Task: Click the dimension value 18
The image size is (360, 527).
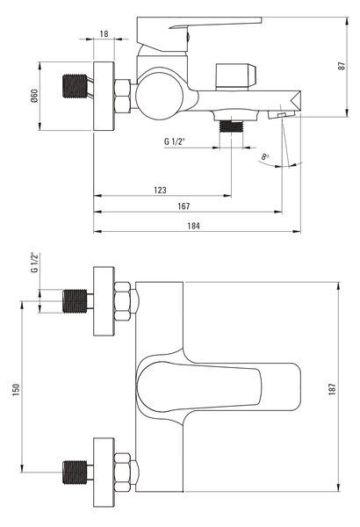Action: tap(104, 33)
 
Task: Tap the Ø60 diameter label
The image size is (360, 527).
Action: tap(34, 96)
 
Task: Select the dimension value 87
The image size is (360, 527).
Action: tap(342, 66)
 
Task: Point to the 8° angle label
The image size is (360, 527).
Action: tap(265, 156)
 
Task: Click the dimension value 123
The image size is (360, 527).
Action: tap(160, 190)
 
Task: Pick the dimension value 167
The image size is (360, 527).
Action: tap(184, 206)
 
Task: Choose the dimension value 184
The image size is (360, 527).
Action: tap(193, 226)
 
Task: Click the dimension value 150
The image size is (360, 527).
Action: tap(16, 389)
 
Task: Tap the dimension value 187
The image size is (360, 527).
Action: tap(332, 389)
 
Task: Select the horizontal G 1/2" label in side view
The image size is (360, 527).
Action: tap(175, 141)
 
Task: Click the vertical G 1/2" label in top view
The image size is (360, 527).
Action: tap(35, 263)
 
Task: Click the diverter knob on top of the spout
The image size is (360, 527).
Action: tap(235, 77)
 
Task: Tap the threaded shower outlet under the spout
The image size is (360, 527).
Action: tap(231, 126)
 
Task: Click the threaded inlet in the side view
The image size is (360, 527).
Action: tap(75, 86)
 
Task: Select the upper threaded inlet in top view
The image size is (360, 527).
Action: tap(75, 300)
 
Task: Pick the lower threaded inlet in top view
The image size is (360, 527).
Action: tap(75, 473)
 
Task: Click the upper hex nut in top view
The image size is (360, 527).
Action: tap(122, 301)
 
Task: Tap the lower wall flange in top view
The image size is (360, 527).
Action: tap(104, 473)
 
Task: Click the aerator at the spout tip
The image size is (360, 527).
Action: tap(282, 114)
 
